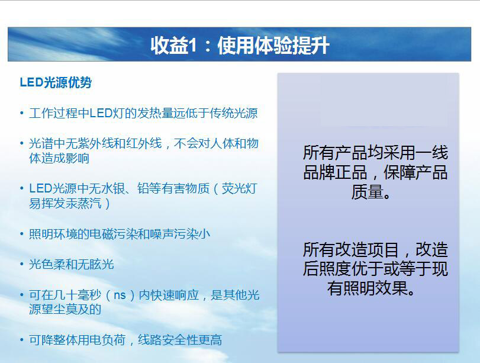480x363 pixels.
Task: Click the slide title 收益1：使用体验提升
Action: point(240,46)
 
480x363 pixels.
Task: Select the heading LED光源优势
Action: point(56,82)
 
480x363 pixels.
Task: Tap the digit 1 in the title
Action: point(192,46)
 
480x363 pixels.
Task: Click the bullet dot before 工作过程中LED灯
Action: point(22,113)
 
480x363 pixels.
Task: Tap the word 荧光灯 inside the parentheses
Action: point(240,188)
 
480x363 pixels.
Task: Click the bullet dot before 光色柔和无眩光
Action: point(22,264)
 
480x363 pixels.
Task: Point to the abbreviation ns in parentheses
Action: point(120,295)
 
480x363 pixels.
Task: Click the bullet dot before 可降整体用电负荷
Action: point(22,340)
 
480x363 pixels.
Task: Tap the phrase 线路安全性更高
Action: point(180,340)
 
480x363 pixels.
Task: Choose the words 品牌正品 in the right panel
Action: point(335,172)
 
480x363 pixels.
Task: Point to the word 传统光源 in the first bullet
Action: point(234,113)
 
